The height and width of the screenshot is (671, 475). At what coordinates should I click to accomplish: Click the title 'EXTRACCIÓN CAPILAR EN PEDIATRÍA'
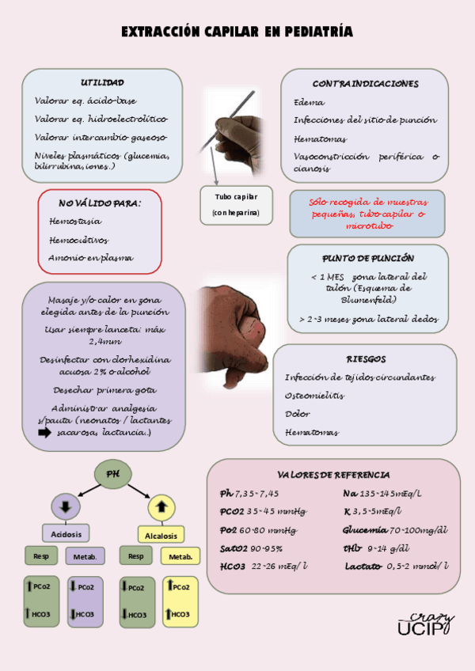tap(237, 32)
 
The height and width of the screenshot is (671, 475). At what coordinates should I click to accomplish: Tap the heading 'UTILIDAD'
tap(102, 83)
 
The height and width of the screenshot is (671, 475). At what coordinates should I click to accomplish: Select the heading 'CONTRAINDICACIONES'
tap(365, 83)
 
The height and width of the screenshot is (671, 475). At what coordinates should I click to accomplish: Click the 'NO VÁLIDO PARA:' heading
tap(100, 203)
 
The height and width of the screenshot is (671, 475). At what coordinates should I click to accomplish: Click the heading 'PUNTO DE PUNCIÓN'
tap(368, 258)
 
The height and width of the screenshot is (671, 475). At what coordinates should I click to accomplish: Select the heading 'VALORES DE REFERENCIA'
tap(333, 474)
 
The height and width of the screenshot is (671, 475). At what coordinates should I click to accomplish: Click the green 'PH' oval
tap(113, 474)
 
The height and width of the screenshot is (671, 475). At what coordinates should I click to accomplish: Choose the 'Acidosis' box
tap(66, 533)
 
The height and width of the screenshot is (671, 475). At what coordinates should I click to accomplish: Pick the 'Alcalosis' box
tap(161, 534)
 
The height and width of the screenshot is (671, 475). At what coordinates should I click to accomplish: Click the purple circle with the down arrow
tap(66, 506)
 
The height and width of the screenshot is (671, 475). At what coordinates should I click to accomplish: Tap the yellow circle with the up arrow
tap(161, 506)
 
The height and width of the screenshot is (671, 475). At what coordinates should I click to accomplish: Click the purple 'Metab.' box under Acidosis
tap(84, 556)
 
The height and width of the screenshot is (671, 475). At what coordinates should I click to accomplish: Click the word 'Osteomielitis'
tap(314, 396)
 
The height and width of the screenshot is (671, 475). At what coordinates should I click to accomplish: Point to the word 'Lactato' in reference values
tap(363, 566)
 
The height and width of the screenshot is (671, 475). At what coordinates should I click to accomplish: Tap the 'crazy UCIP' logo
tap(425, 624)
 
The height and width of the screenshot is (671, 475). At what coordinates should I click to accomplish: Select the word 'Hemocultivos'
tap(78, 240)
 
